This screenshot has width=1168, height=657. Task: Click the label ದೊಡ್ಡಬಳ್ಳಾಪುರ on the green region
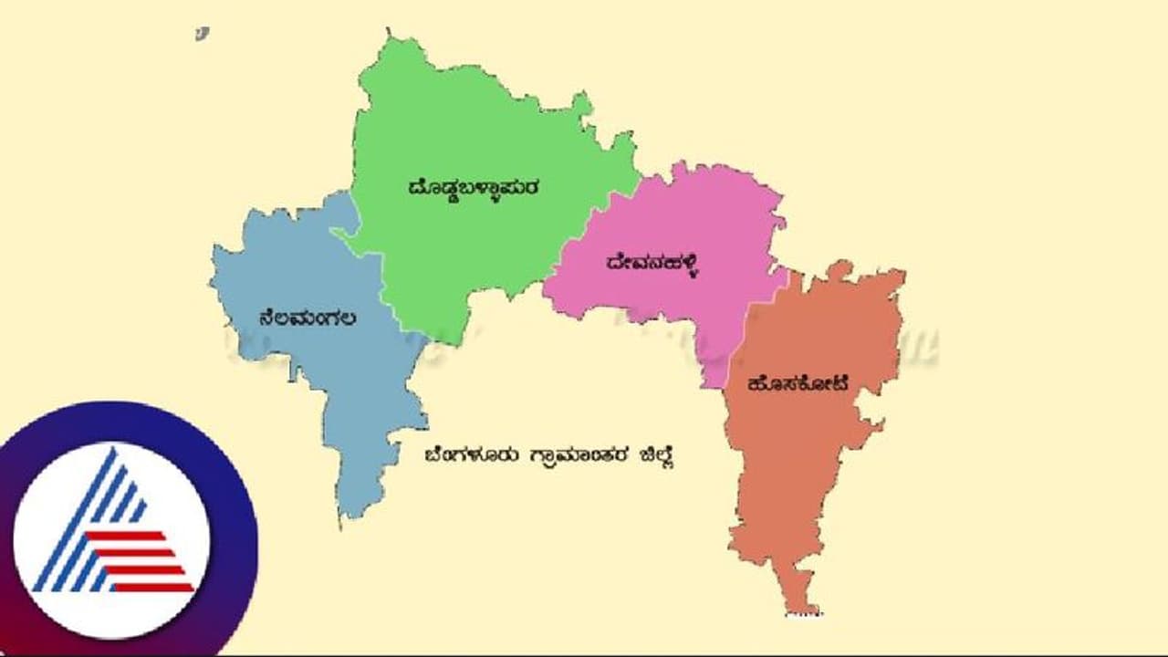click(x=474, y=188)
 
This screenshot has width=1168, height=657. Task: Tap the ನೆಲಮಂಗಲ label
click(x=307, y=318)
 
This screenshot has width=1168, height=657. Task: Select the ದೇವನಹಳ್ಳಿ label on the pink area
click(x=652, y=264)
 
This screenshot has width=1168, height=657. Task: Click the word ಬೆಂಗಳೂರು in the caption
click(x=470, y=454)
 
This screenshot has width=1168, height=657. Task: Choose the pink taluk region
click(x=693, y=219)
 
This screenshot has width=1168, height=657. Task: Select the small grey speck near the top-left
click(x=202, y=34)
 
